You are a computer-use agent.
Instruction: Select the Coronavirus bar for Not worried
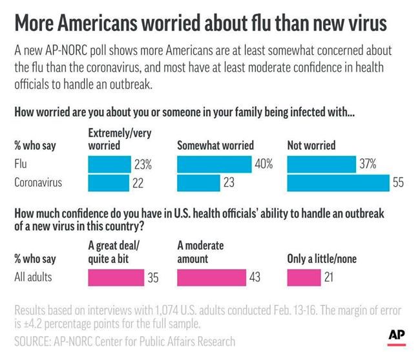338,183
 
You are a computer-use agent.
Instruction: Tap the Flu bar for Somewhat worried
214,165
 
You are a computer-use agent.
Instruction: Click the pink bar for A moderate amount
211,277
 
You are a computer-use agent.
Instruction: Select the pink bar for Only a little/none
304,277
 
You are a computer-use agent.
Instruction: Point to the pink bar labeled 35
116,277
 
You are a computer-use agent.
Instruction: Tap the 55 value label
398,183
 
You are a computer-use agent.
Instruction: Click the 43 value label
255,278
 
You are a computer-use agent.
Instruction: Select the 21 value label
330,278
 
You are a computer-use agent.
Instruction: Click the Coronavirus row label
39,183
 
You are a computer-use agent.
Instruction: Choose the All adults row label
34,278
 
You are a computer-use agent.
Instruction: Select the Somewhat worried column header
215,145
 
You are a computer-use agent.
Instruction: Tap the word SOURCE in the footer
33,341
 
